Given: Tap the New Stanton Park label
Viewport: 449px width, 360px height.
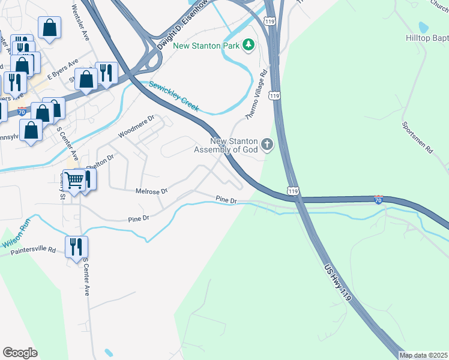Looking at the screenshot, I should [206, 46].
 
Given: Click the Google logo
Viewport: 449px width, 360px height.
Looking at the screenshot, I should [20, 352].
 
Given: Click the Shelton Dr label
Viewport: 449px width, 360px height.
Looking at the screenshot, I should [100, 162].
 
